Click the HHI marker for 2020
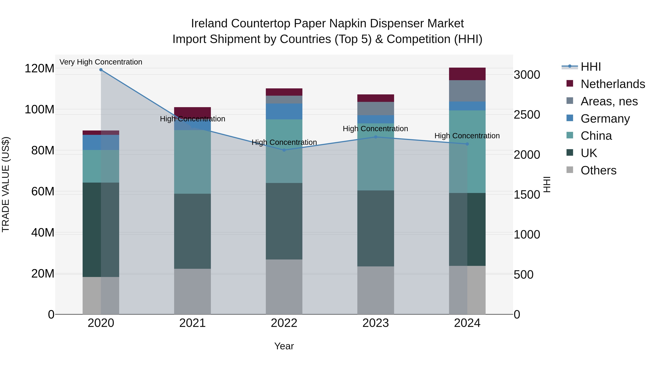coord(101,70)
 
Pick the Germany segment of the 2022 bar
coord(284,112)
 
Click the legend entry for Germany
coord(605,119)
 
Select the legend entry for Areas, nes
coord(609,101)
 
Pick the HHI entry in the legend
coord(590,67)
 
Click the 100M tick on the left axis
coord(39,110)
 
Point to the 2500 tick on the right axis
coord(527,115)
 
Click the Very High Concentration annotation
coord(101,62)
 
